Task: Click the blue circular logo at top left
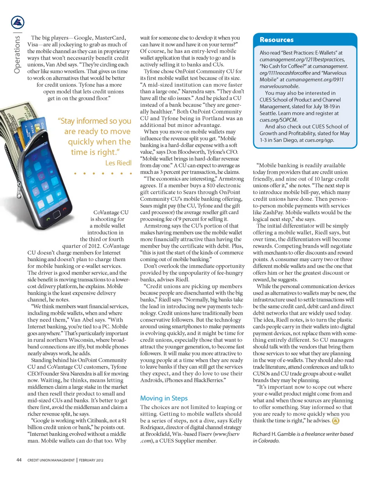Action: click(17, 23)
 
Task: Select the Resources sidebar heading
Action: click(277, 40)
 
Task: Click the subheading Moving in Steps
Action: click(164, 398)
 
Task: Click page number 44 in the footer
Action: click(19, 460)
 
